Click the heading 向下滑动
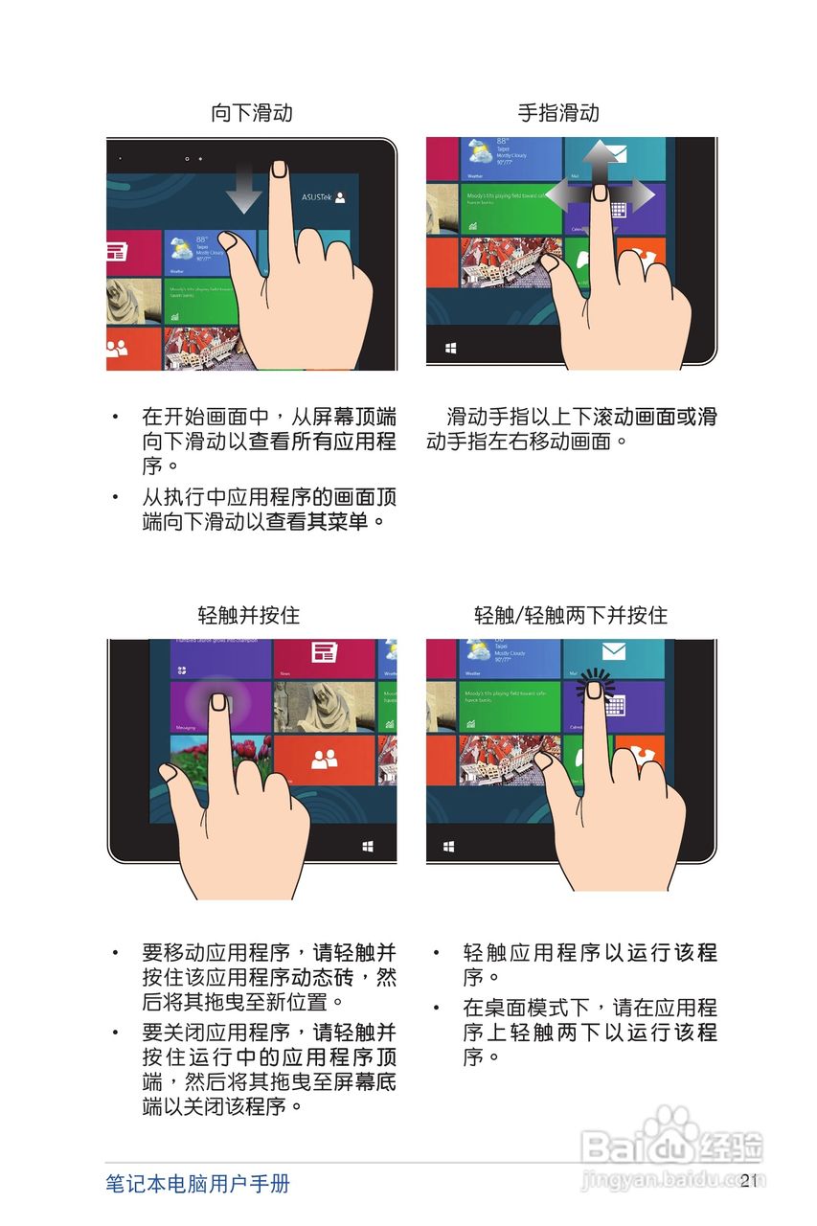point(251,113)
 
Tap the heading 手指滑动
point(558,113)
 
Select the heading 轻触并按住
point(248,615)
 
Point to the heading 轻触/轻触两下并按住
point(571,615)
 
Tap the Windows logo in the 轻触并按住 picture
point(368,847)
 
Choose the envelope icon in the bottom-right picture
point(613,653)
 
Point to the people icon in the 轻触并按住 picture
point(325,760)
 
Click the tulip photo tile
point(206,752)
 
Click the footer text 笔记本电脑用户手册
point(197,1183)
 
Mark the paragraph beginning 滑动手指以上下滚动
point(571,429)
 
